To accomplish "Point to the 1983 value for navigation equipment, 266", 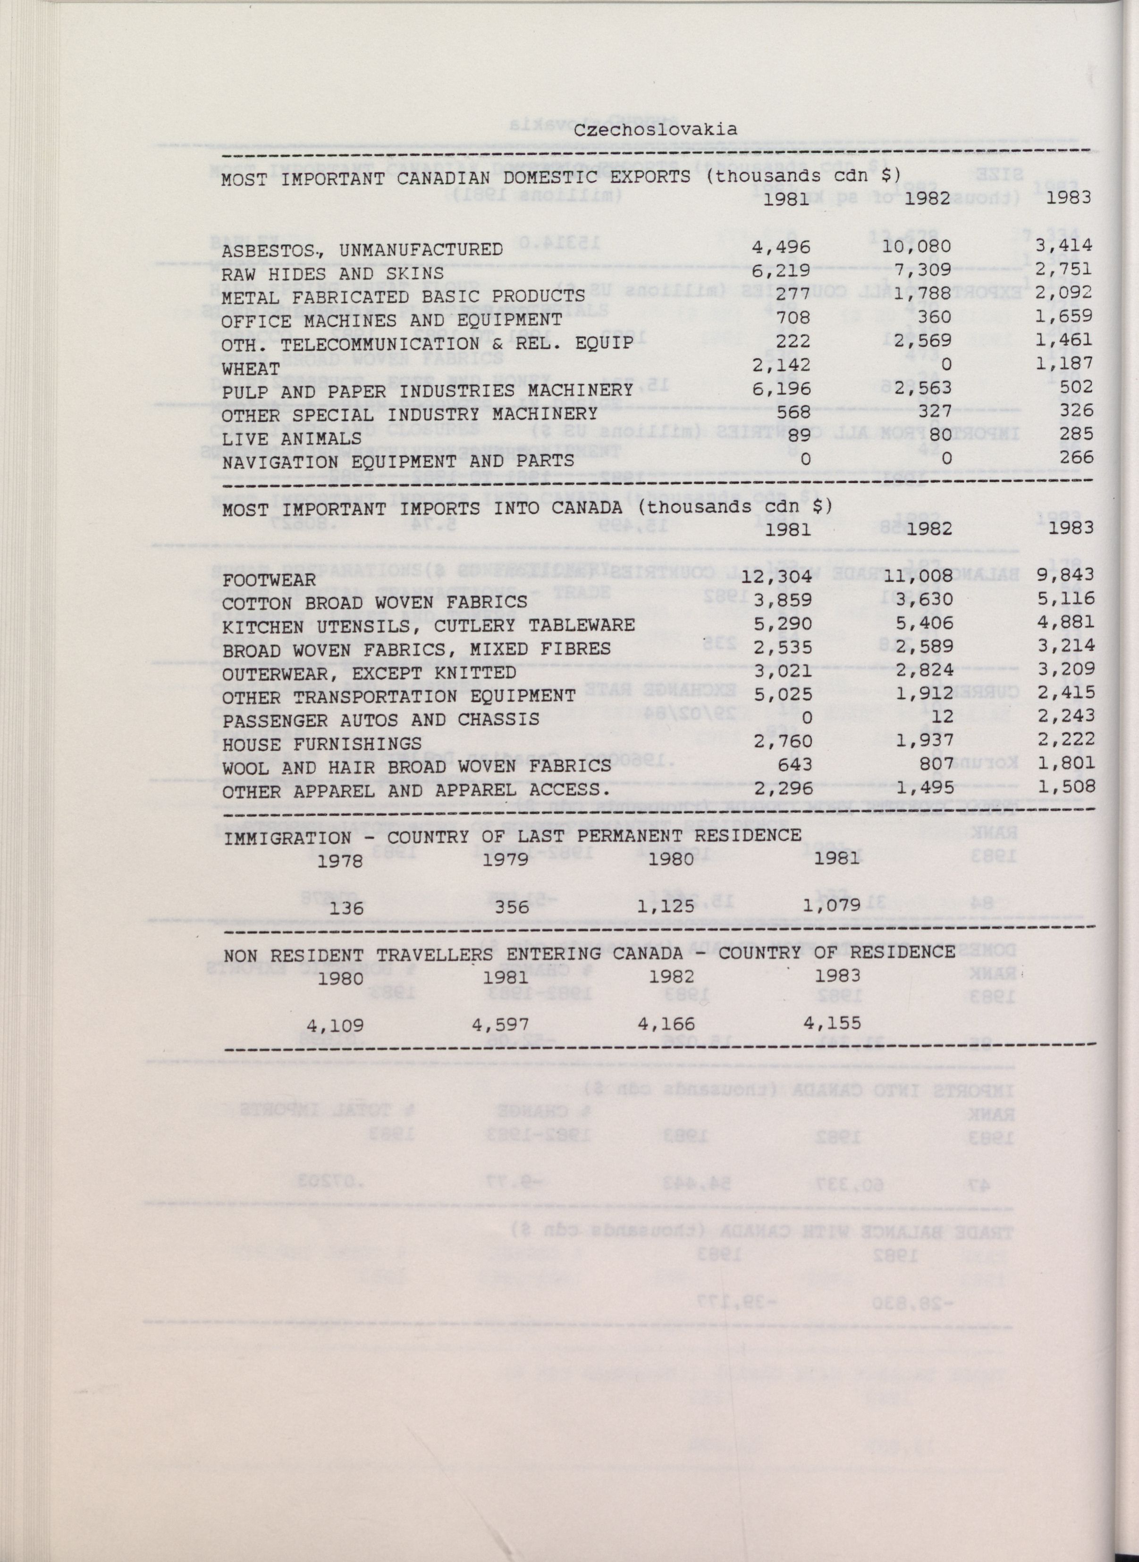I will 1076,458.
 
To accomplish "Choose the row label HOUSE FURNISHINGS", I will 321,744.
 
